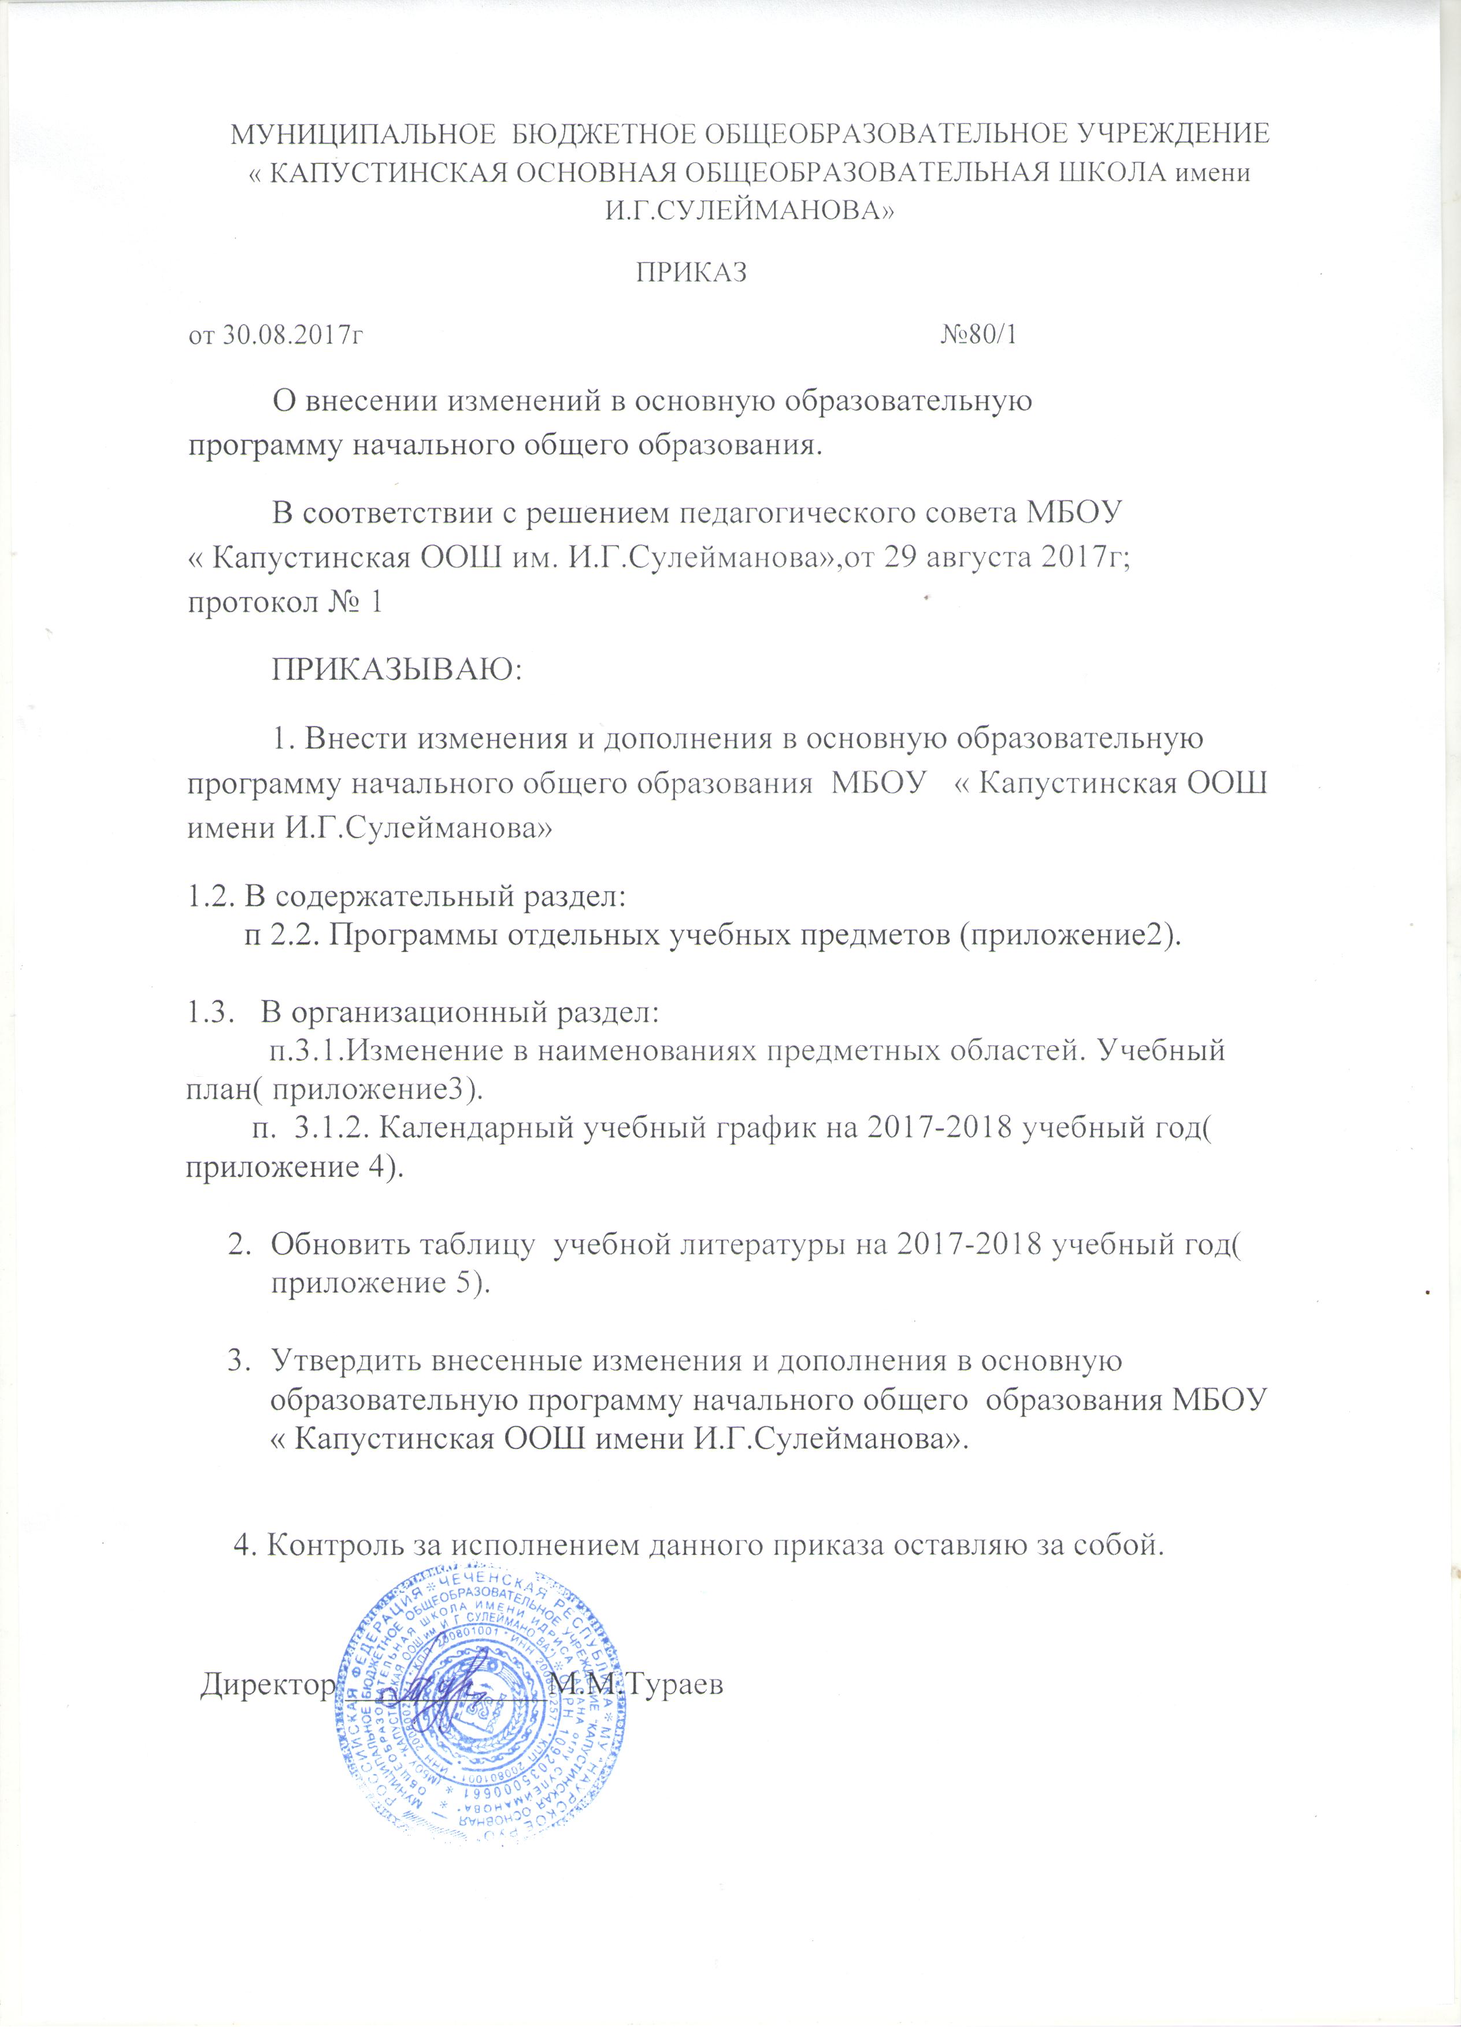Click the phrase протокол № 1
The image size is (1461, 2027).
[x=283, y=602]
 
